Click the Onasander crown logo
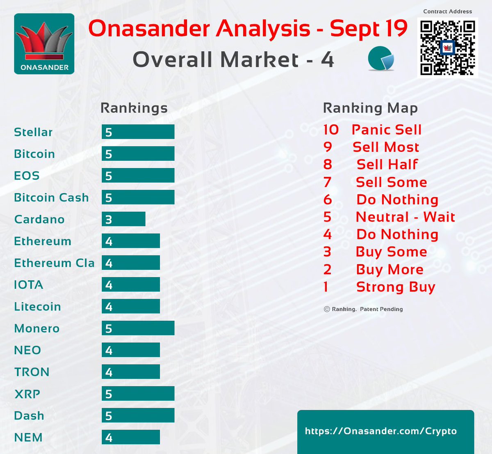(44, 44)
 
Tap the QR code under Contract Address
(447, 47)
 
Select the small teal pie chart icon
(381, 59)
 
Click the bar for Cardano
(123, 219)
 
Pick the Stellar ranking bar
(138, 132)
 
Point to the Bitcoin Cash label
(51, 198)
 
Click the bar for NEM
(131, 437)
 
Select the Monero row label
(37, 329)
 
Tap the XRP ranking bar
(138, 394)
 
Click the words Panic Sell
(386, 130)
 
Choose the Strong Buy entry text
(395, 287)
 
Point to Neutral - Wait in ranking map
(405, 217)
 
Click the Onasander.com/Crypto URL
(380, 431)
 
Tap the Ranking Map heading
(370, 108)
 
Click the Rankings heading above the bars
(134, 108)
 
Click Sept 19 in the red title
(368, 29)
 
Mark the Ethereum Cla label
(54, 263)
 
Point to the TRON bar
(131, 372)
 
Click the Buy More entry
(389, 269)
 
